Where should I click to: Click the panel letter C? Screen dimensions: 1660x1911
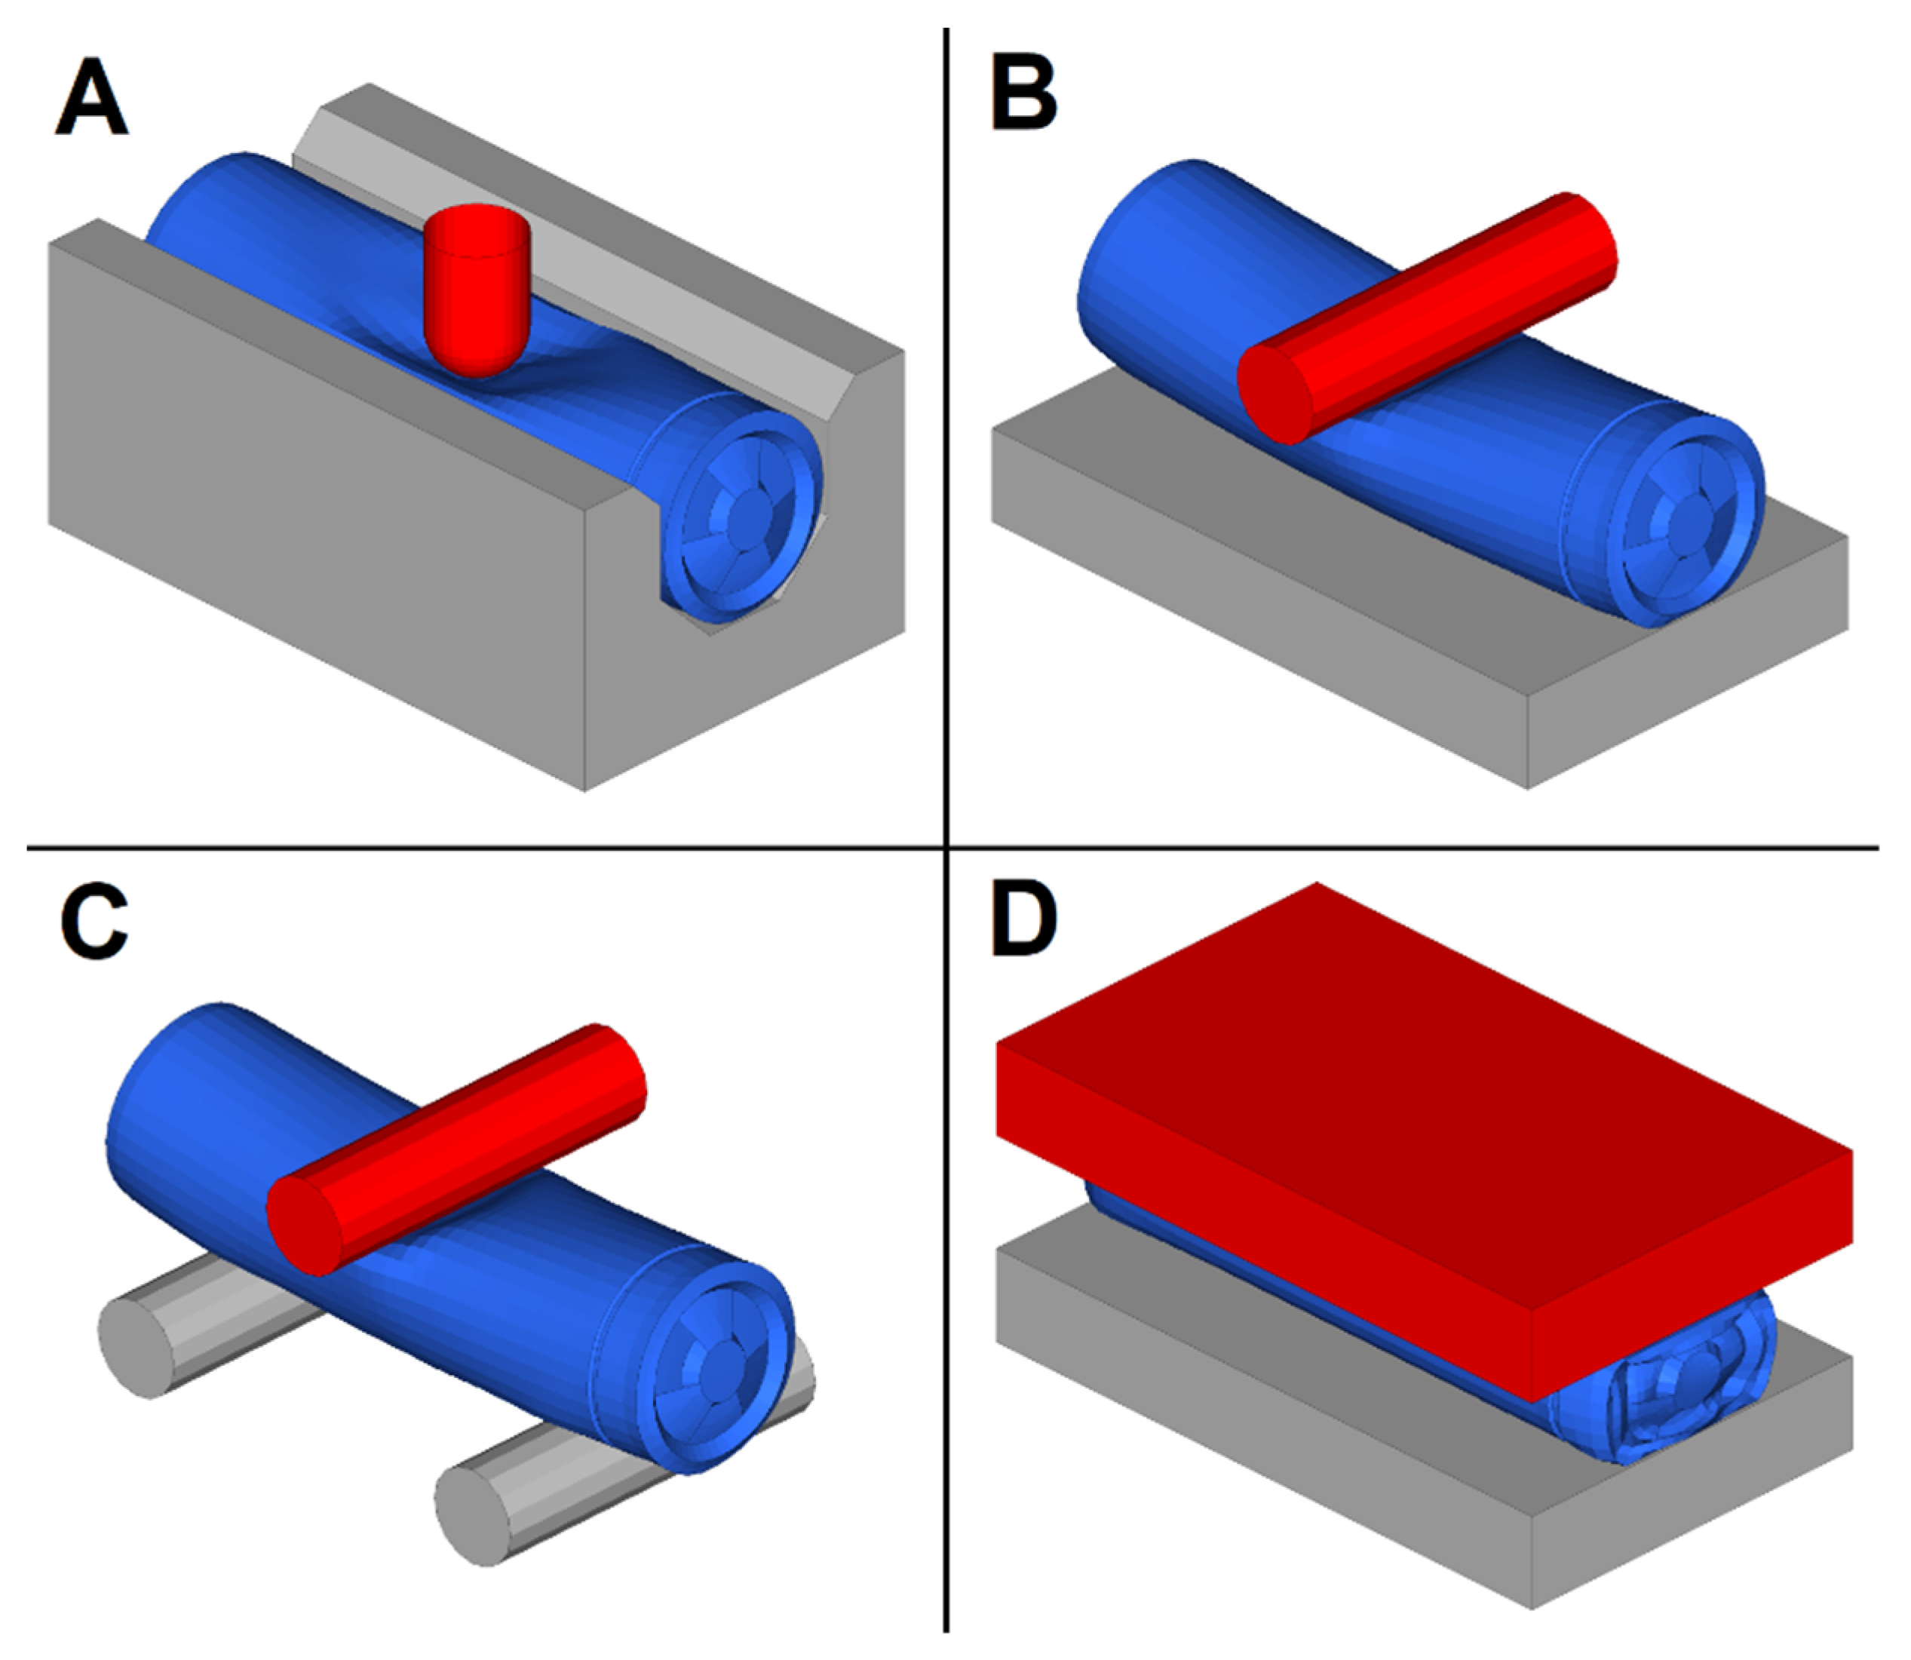[x=94, y=922]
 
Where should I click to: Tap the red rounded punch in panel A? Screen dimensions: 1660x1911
[x=475, y=287]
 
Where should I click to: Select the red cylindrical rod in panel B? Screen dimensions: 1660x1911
[x=1445, y=305]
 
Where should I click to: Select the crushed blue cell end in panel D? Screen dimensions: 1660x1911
[x=1686, y=1380]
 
